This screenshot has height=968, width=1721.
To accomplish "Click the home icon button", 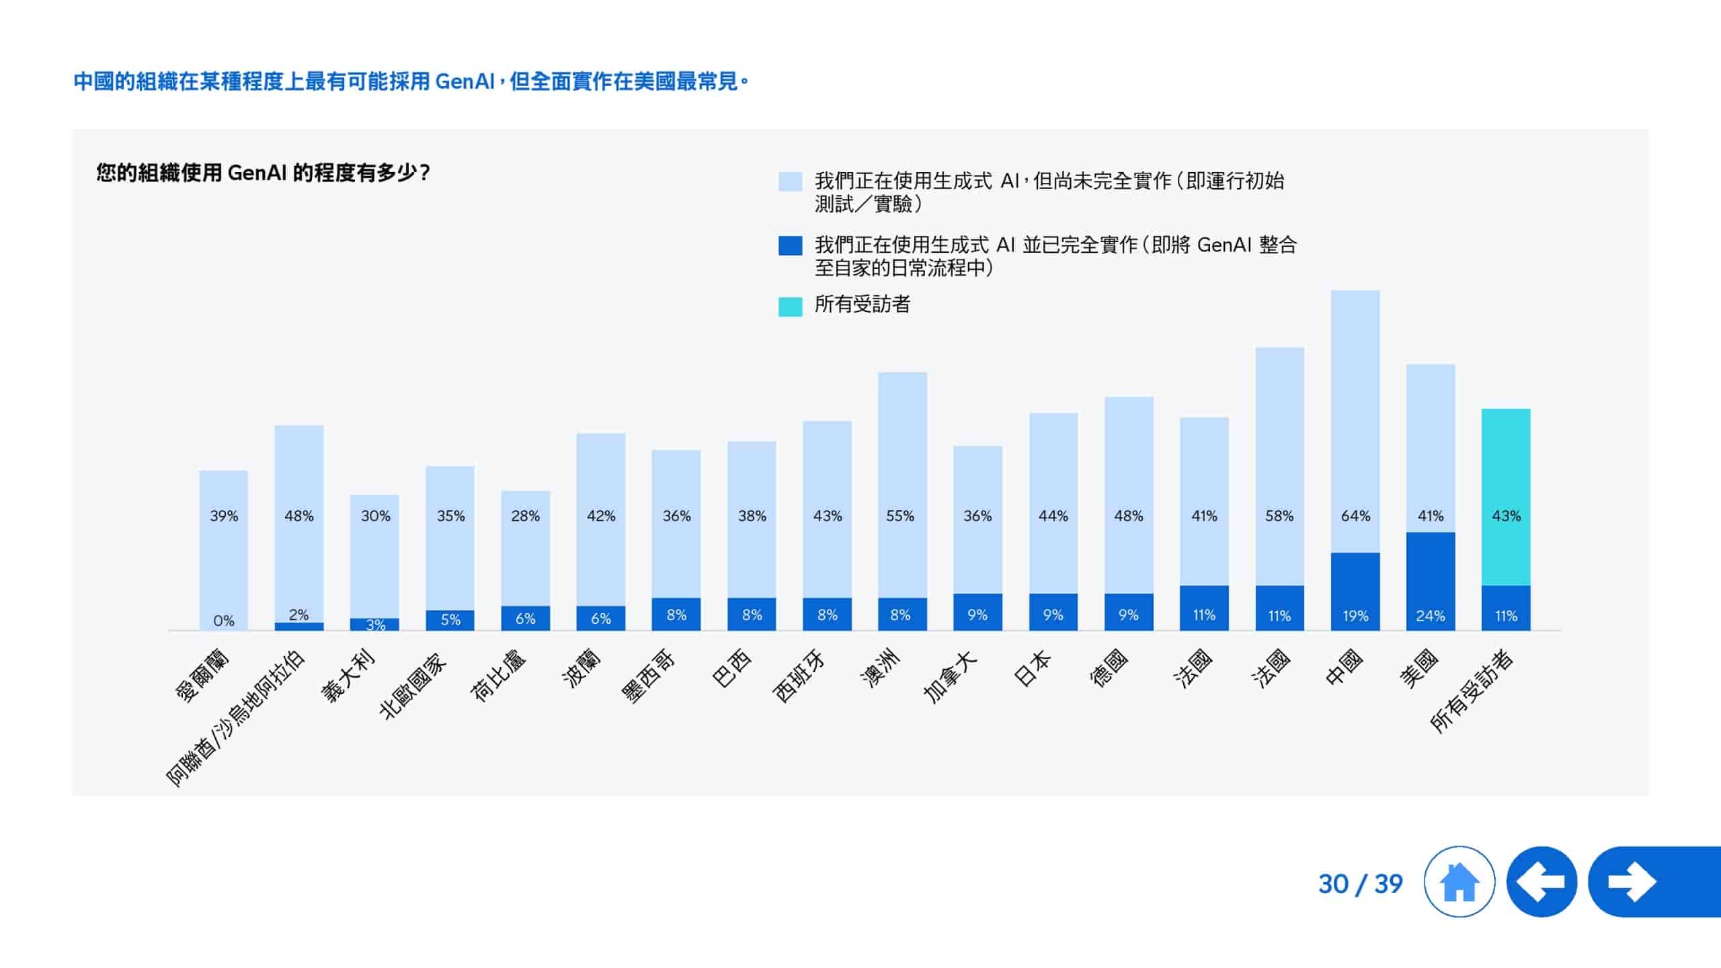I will click(x=1459, y=881).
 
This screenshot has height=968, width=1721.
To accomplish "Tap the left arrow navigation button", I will click(x=1542, y=881).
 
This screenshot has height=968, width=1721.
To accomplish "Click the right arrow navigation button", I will click(x=1640, y=881).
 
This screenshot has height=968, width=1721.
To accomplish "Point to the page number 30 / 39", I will click(x=1360, y=884).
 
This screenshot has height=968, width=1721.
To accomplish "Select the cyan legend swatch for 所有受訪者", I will click(x=790, y=307).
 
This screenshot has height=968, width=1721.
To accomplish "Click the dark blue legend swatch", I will click(x=790, y=245).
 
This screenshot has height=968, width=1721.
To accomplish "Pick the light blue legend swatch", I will click(x=790, y=182).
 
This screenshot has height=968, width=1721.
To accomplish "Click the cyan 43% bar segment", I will click(x=1506, y=497).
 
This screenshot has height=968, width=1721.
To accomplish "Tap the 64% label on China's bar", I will click(x=1355, y=516).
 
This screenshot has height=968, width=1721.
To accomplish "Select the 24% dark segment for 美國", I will click(x=1431, y=581).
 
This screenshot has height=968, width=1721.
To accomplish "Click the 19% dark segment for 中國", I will click(x=1355, y=592).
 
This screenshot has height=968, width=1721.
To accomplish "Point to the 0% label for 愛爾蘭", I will click(x=224, y=620).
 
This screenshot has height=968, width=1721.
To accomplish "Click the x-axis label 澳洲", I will click(x=881, y=669).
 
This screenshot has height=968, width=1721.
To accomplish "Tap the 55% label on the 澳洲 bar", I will click(x=900, y=516).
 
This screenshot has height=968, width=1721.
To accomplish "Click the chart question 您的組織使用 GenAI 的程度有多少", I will click(x=263, y=173).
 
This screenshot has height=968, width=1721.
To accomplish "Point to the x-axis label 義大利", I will click(x=348, y=676).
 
